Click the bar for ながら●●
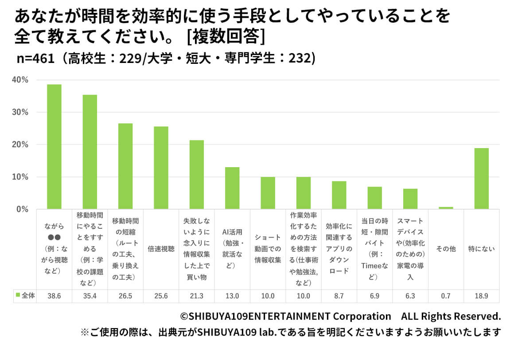(54, 147)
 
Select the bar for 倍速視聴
(161, 168)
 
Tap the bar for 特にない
(481, 178)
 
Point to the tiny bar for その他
(446, 208)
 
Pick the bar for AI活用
(232, 188)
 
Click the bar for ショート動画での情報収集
(268, 193)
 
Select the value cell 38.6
(54, 296)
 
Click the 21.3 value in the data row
(197, 296)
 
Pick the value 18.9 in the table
(481, 296)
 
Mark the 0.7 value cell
(446, 296)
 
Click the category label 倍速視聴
(161, 249)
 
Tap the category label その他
(446, 249)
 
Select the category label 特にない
(481, 249)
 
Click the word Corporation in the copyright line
(361, 316)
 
